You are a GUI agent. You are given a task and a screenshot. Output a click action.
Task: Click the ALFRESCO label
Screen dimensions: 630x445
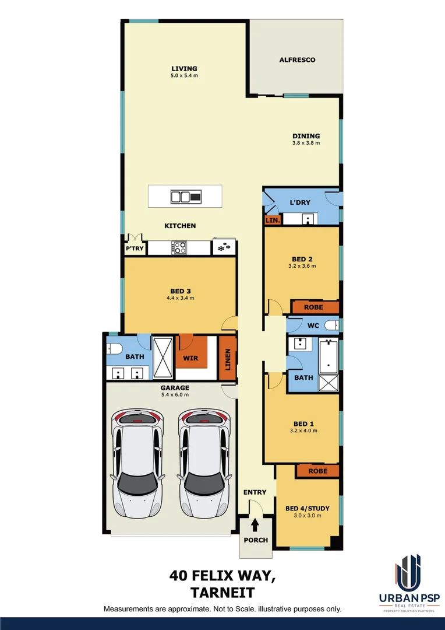(x=297, y=60)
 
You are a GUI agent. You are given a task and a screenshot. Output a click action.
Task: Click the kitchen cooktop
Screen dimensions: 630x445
(x=178, y=247)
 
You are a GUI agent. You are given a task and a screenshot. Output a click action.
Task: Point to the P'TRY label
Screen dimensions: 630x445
(x=135, y=249)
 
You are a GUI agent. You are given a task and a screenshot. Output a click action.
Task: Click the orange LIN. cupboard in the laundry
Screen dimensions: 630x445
(x=273, y=220)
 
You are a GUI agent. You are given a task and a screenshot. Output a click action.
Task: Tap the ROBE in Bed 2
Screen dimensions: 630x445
(x=314, y=307)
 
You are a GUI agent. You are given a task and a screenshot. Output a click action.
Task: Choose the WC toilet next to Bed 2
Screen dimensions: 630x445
(x=331, y=325)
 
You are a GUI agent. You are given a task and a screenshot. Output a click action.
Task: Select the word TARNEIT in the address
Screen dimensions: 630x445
(x=222, y=593)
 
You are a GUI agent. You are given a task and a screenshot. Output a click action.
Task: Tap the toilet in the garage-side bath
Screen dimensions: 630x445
(x=114, y=349)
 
